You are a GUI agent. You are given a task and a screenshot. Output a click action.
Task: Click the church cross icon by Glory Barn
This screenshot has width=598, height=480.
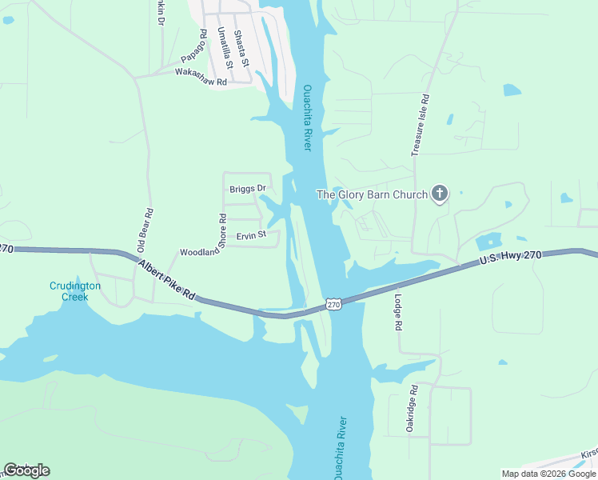439,194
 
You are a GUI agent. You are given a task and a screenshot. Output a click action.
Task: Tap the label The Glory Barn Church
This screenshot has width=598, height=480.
372,194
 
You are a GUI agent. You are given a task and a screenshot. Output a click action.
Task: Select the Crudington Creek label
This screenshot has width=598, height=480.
75,290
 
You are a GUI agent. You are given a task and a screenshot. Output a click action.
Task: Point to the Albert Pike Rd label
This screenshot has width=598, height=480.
166,280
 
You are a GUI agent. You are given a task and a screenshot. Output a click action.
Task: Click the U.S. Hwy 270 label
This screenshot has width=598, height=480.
511,258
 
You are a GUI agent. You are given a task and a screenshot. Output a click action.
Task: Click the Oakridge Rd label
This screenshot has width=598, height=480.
413,410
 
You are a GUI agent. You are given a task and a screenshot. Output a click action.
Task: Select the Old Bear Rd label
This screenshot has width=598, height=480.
146,230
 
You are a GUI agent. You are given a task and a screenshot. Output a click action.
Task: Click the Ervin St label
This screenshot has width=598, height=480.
250,235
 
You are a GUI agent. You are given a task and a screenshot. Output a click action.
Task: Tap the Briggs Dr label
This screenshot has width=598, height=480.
247,189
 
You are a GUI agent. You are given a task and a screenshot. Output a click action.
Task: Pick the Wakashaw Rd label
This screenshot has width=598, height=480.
201,77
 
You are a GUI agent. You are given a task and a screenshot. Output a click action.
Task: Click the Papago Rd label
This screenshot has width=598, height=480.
193,53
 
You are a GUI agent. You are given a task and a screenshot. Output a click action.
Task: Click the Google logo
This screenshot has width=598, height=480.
26,470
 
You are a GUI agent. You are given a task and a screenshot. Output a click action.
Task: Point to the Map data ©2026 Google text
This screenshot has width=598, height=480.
548,474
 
